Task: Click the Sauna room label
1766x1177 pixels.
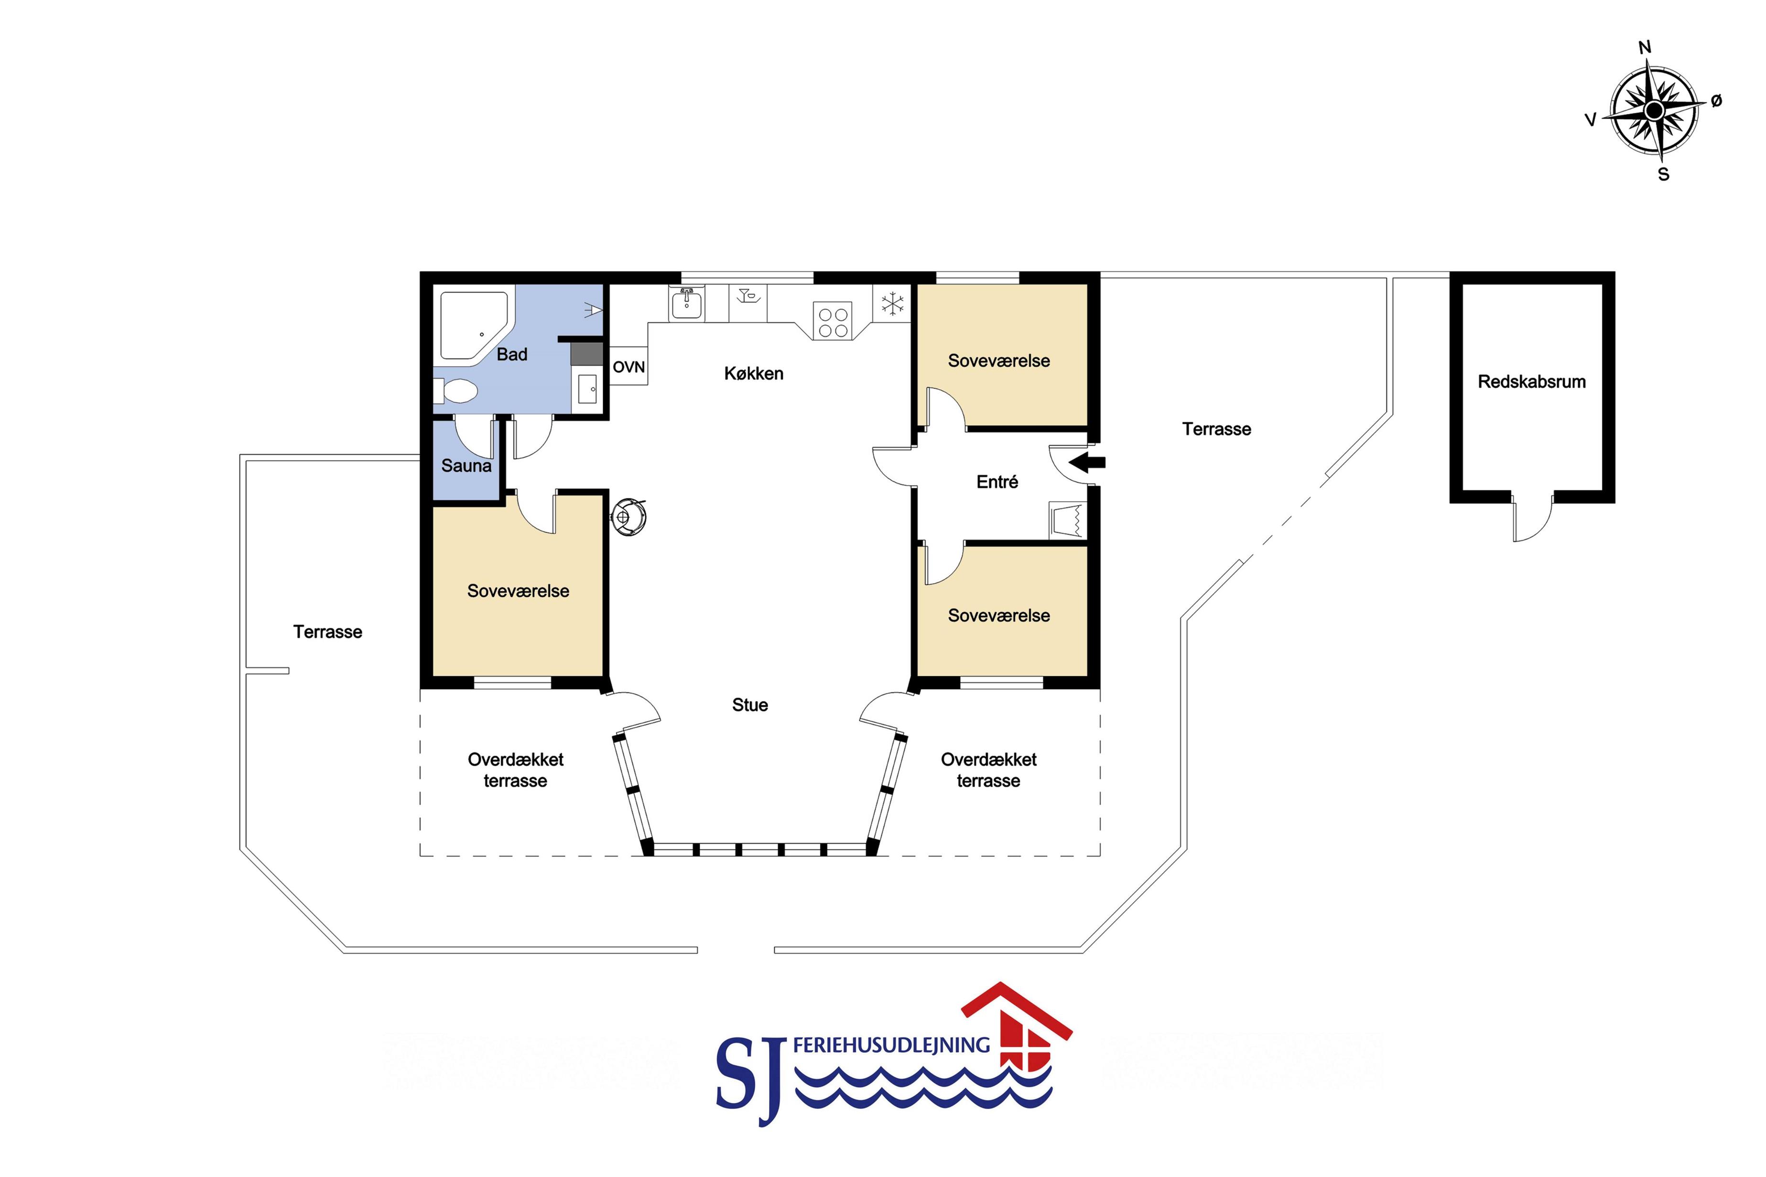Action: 466,465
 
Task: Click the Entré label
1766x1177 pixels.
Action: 997,482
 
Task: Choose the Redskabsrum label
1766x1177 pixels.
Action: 1531,381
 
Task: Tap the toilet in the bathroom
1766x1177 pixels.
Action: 455,391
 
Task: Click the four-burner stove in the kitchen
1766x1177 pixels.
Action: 833,322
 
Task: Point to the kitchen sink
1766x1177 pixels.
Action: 686,303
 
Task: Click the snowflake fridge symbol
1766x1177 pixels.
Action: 892,304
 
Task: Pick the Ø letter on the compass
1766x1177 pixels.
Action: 1716,100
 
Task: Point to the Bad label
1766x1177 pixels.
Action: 512,354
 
